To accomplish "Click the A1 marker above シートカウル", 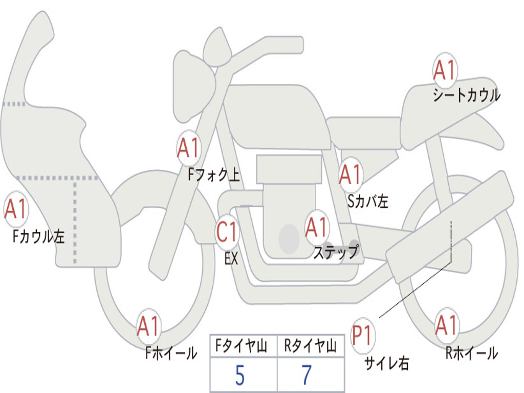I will point(445,71).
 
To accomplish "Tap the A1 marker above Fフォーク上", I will point(188,148).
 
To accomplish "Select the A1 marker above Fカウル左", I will point(15,210).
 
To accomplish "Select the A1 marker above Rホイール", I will point(446,325).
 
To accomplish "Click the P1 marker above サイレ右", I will point(363,336).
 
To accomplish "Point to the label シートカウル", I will point(466,96).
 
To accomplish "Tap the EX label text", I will point(231,258).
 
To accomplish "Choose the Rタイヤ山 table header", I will point(311,347).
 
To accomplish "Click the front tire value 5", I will point(239,376).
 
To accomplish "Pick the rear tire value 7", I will point(307,376).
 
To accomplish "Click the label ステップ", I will point(336,252).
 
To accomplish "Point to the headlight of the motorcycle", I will point(193,85).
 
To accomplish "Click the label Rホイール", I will point(471,353).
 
